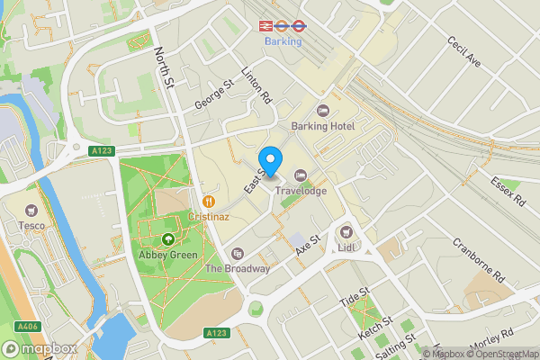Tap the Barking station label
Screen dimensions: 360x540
click(283, 40)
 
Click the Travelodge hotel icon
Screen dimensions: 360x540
click(301, 175)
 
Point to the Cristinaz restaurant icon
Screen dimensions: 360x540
click(209, 202)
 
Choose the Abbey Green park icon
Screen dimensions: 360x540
click(168, 239)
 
